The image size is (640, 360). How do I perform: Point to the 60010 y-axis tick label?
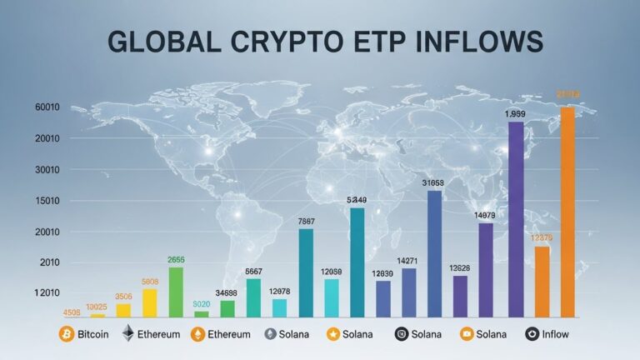click(24, 107)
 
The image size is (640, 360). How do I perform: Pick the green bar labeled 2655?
click(176, 292)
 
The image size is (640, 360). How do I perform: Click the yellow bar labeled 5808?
click(150, 302)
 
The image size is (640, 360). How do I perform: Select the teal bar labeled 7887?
click(306, 272)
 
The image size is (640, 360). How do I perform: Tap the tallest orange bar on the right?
click(568, 212)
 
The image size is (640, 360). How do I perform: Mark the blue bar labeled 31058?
click(434, 253)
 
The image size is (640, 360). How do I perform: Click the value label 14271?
click(408, 261)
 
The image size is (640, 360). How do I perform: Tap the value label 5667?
click(253, 272)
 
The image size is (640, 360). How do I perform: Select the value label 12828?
click(460, 267)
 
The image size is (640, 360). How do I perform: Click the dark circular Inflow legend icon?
click(533, 334)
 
